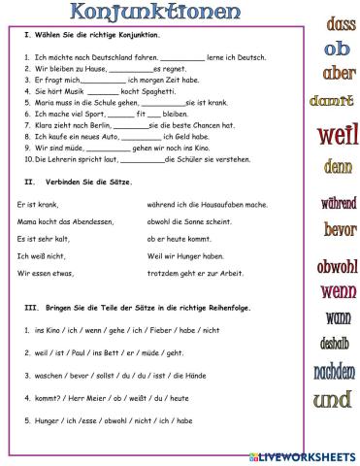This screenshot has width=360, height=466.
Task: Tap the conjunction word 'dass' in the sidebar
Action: pyautogui.click(x=341, y=24)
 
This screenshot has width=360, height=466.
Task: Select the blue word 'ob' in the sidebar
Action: pyautogui.click(x=338, y=48)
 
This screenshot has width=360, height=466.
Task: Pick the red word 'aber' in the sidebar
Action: pyautogui.click(x=339, y=73)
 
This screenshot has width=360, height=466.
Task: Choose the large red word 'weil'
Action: pyautogui.click(x=337, y=134)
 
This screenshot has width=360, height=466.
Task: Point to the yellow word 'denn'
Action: pyautogui.click(x=338, y=167)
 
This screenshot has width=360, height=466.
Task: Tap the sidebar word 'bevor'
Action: pyautogui.click(x=340, y=230)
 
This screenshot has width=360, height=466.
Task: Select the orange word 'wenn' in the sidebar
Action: pyautogui.click(x=338, y=290)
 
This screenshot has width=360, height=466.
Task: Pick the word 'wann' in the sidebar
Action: pyautogui.click(x=338, y=317)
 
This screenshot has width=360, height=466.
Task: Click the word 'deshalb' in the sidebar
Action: pyautogui.click(x=335, y=343)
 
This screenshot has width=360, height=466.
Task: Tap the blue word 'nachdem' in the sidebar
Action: pyautogui.click(x=335, y=372)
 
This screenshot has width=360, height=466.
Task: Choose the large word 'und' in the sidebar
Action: pyautogui.click(x=333, y=399)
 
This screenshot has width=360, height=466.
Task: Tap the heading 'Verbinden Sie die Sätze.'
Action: pyautogui.click(x=88, y=182)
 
